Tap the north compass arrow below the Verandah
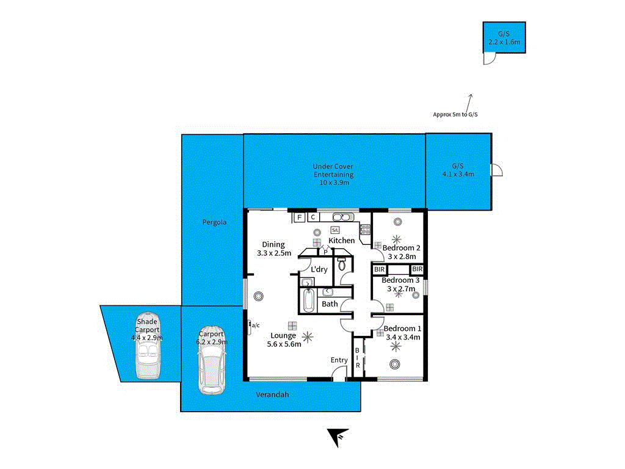tap(335, 437)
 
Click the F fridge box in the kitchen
tap(299, 217)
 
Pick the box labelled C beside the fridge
tap(312, 217)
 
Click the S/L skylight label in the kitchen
tap(335, 230)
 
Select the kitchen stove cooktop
tap(364, 230)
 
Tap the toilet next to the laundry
tap(342, 264)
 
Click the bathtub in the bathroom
tap(307, 301)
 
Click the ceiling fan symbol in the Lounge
tap(308, 335)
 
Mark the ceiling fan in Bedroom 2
tap(397, 239)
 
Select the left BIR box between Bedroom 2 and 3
tap(379, 269)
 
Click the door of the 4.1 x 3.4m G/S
tap(497, 170)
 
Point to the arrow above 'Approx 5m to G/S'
tap(471, 101)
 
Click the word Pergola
tap(214, 222)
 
